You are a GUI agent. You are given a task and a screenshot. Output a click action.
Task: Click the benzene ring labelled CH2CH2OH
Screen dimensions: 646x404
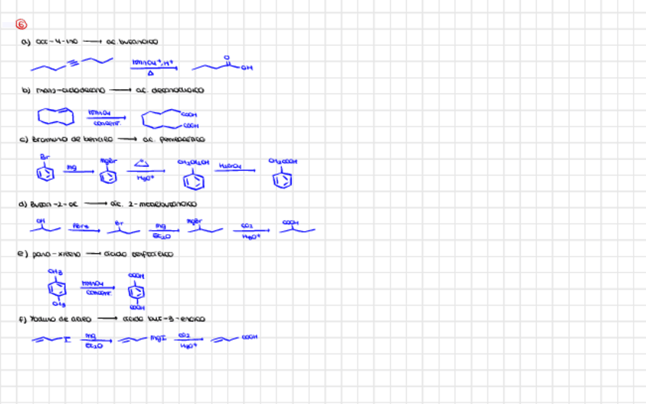(191, 179)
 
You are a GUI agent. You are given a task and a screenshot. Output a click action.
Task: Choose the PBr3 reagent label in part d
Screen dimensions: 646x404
(81, 225)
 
